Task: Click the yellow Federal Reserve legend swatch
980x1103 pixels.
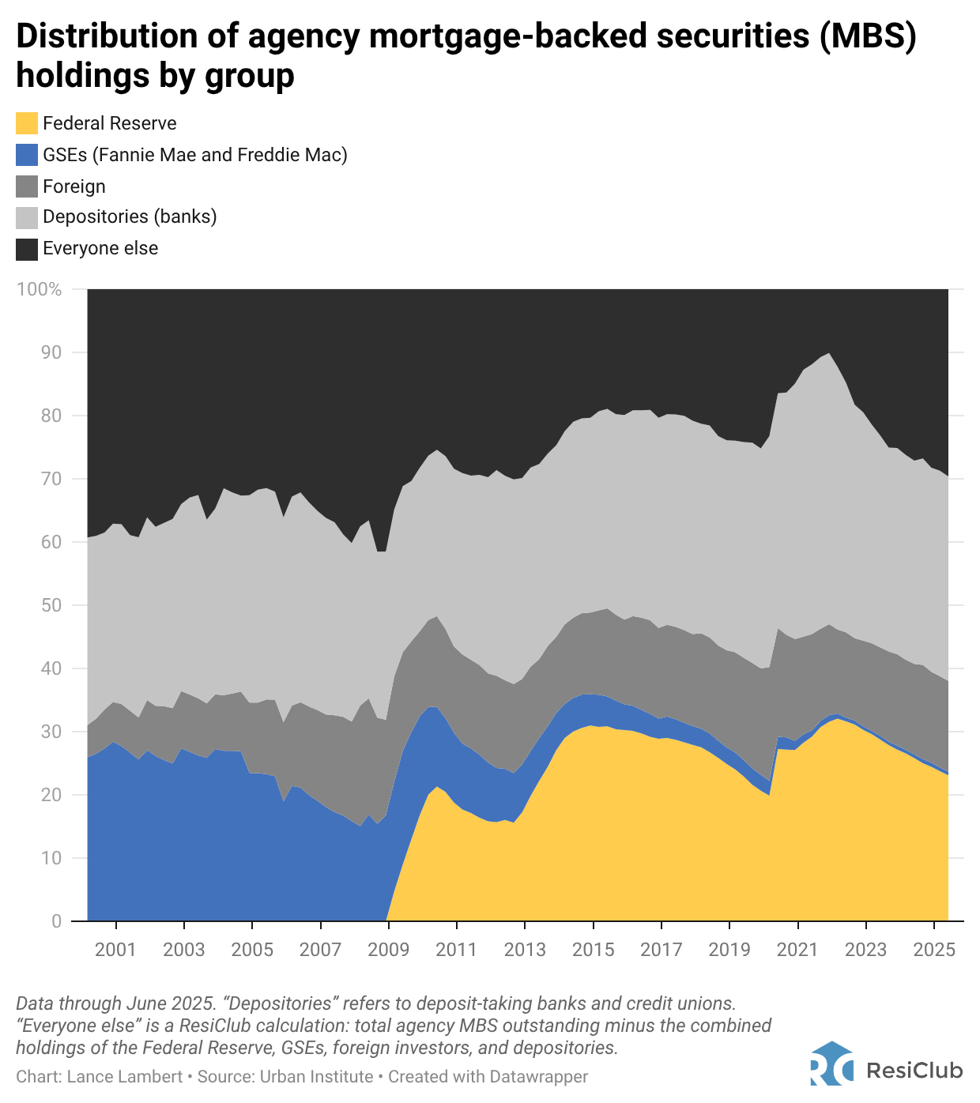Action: click(27, 123)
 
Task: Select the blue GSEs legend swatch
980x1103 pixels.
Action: click(27, 154)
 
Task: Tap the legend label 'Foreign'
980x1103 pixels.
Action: click(74, 186)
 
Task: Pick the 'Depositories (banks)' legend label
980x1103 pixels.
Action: click(130, 216)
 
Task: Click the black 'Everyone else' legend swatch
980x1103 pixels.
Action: click(27, 249)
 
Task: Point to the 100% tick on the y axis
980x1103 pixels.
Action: click(39, 289)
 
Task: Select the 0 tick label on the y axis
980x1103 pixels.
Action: click(56, 921)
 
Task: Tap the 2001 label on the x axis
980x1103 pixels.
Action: click(115, 949)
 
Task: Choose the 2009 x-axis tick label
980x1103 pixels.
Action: click(389, 949)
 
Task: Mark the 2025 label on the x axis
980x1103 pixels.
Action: click(934, 949)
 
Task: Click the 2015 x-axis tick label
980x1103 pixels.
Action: click(594, 949)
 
